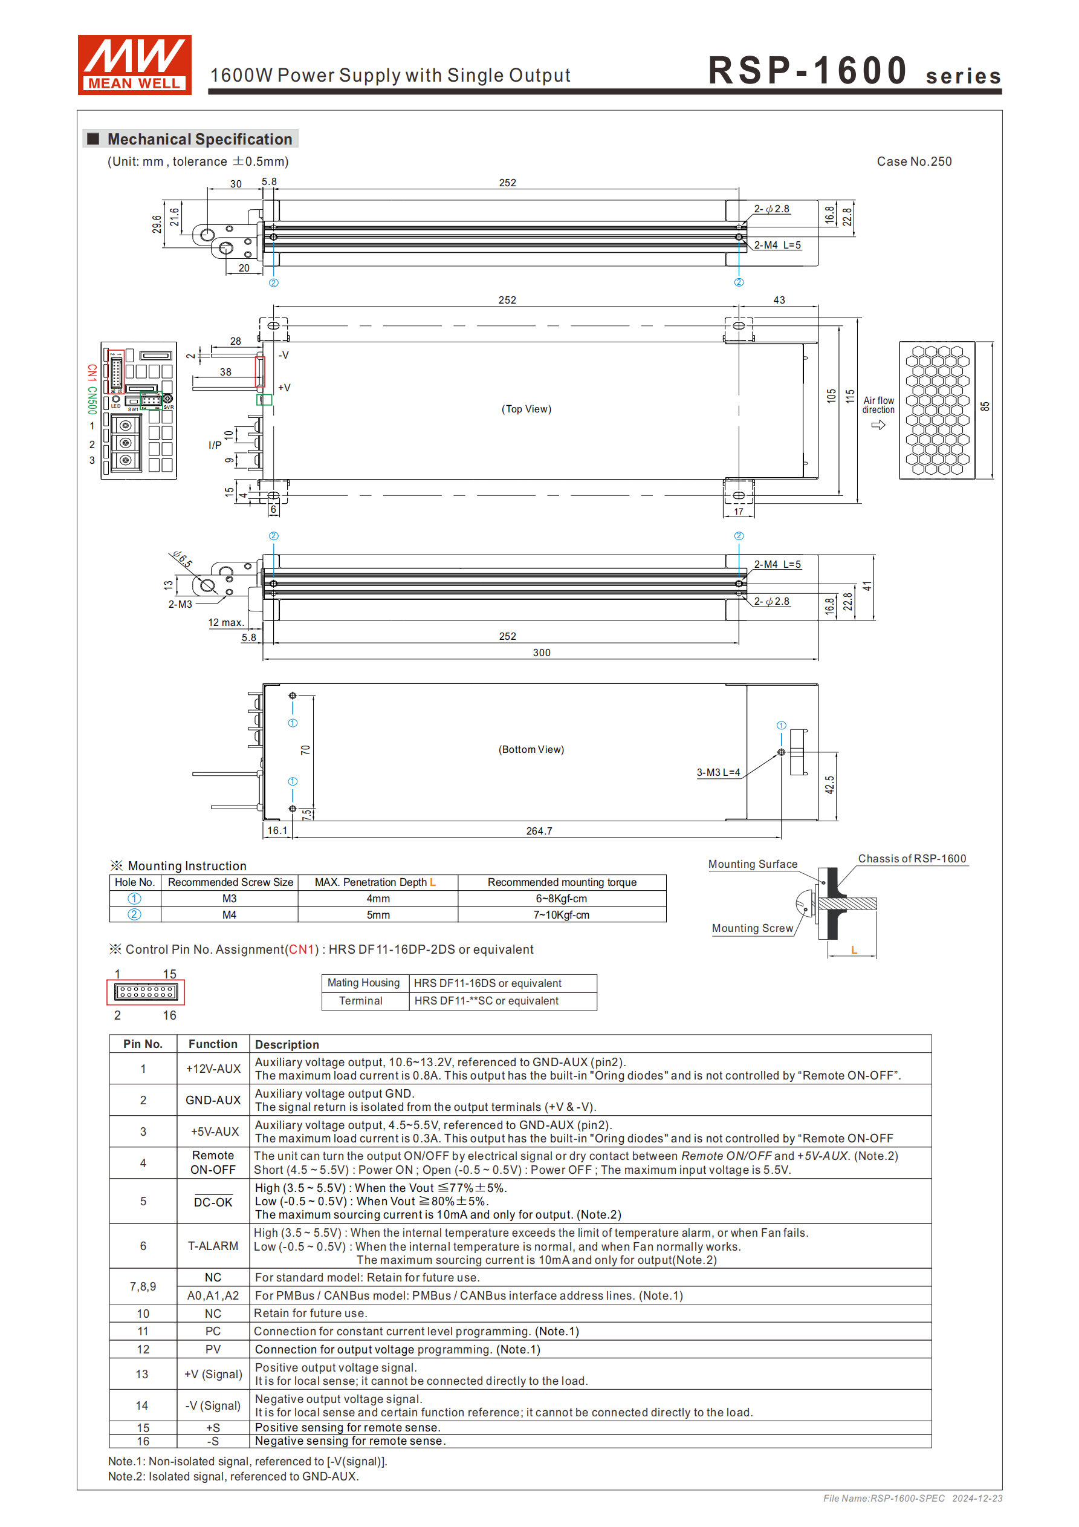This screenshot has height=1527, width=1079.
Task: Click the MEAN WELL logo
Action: click(134, 65)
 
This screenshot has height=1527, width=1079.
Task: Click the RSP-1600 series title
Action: click(854, 71)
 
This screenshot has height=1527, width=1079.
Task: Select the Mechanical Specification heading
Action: click(199, 139)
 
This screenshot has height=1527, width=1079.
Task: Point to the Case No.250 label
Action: click(913, 161)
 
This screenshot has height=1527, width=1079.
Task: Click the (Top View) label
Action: click(526, 409)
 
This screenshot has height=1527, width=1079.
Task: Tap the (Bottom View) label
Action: click(531, 749)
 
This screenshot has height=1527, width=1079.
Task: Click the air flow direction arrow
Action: click(878, 425)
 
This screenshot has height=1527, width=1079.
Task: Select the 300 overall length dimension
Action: click(541, 653)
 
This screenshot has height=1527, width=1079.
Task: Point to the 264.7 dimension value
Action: click(539, 831)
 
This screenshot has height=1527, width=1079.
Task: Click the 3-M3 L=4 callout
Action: click(718, 772)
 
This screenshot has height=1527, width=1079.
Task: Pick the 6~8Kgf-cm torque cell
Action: click(561, 899)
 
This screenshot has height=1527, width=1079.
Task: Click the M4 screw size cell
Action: click(229, 915)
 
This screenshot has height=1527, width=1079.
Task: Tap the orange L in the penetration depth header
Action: click(433, 882)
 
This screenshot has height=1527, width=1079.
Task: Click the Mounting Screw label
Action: click(753, 928)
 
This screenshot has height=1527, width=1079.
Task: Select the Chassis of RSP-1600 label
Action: click(912, 859)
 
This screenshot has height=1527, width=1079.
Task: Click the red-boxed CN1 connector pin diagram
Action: click(146, 992)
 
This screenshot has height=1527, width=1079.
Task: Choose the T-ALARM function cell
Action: click(213, 1246)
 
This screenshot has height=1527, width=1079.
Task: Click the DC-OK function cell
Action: click(213, 1202)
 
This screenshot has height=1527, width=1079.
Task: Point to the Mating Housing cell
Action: click(364, 983)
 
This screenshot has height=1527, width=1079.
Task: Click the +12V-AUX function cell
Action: click(213, 1069)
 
